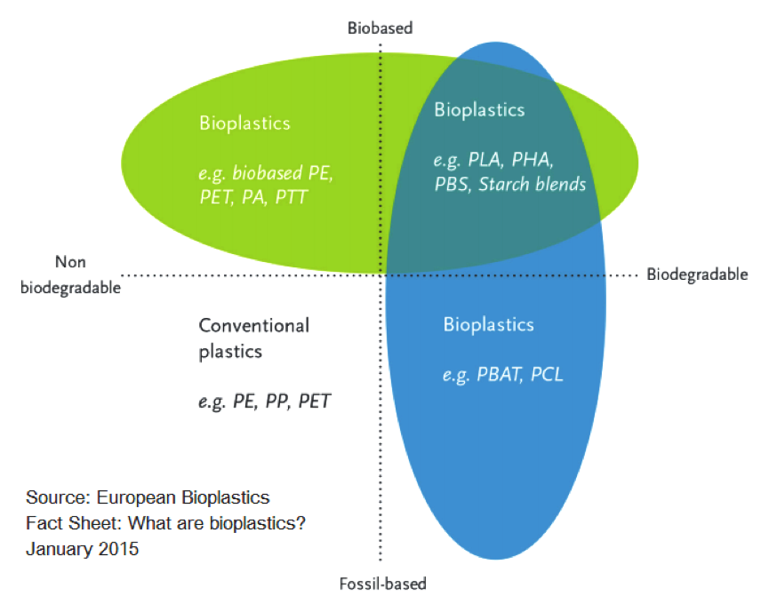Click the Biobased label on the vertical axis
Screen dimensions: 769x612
(x=380, y=28)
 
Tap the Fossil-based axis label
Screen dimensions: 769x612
(x=383, y=584)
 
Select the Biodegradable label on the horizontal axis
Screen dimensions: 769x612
(x=697, y=274)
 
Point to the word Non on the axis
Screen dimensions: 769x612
(x=70, y=262)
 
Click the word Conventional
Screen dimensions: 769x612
(x=254, y=325)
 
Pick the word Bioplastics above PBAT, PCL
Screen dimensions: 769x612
(x=488, y=324)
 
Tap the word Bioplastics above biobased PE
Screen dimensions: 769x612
(x=244, y=123)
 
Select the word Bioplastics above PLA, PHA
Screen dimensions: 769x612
(x=480, y=110)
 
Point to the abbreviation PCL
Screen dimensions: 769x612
(x=547, y=374)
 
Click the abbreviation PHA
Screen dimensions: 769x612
(x=533, y=160)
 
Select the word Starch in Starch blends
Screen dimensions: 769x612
(x=504, y=184)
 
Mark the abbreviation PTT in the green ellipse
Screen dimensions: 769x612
(x=291, y=197)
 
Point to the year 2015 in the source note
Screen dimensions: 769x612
(x=119, y=549)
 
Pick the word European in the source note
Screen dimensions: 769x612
(x=136, y=497)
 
